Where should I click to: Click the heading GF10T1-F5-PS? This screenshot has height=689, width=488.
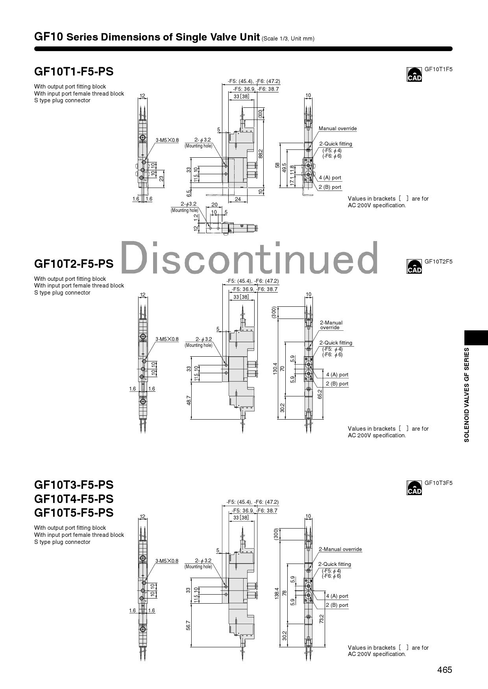pos(74,72)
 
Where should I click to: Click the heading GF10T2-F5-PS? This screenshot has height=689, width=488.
pos(74,263)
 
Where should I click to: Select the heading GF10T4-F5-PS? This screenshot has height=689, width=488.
pos(74,499)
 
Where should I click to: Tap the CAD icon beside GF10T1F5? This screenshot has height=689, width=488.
pos(414,74)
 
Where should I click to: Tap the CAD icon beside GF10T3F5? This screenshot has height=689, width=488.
pos(414,488)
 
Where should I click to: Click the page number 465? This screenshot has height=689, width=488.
pos(445,670)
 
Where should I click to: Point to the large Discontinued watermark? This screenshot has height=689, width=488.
pos(249,258)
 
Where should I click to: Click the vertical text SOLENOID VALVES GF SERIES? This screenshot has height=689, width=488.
pos(467,394)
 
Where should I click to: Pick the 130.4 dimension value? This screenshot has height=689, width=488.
pos(275,368)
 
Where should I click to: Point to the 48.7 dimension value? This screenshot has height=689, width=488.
pos(189,400)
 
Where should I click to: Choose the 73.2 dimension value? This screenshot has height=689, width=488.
pos(322,619)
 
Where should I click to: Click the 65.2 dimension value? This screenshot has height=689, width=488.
pos(320,394)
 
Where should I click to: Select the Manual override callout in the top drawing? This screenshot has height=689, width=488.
pos(338,129)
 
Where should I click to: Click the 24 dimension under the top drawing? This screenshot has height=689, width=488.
pos(238,199)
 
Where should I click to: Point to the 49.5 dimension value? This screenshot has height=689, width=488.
pos(284,168)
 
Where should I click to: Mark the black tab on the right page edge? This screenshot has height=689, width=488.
pos(476,338)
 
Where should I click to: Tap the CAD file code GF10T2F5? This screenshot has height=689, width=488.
pos(438,262)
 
